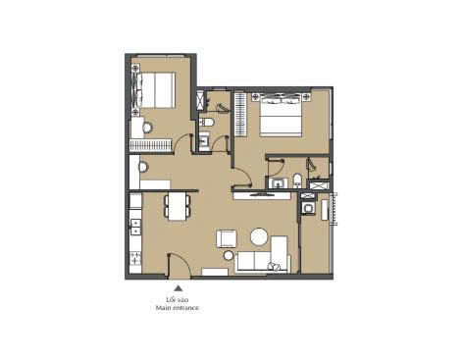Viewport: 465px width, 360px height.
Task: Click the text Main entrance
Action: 177,308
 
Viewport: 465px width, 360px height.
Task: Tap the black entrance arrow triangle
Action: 178,288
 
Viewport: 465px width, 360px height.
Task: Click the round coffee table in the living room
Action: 259,236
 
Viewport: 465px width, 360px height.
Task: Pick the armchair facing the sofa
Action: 227,238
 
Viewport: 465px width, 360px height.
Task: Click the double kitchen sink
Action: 135,227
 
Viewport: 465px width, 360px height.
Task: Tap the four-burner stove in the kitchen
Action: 135,258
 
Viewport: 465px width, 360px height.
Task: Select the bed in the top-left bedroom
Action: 153,90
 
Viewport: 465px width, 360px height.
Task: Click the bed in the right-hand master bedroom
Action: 281,115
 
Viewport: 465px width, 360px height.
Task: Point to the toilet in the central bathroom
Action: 207,123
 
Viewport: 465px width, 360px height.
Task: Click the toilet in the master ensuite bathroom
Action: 297,180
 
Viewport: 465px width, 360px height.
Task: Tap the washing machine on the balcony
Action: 307,207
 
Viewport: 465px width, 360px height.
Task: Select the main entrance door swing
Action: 180,266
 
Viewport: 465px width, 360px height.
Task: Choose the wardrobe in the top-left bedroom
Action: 150,145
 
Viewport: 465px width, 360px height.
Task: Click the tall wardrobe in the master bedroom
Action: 240,114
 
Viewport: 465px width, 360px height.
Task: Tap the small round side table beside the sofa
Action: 229,255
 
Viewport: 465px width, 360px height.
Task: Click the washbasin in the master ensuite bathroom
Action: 279,183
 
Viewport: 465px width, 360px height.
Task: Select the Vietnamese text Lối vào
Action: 177,299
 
